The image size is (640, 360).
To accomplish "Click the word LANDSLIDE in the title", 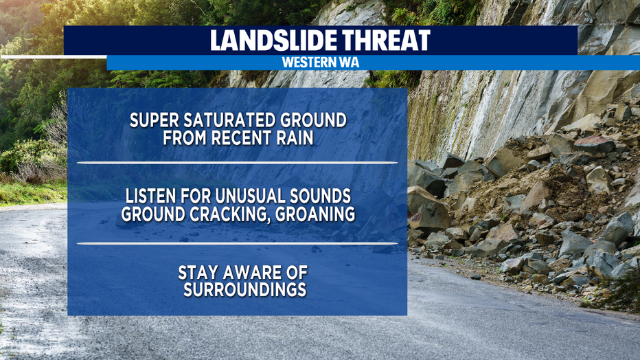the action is (x=273, y=41).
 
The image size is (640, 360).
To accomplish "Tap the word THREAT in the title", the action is (x=386, y=41).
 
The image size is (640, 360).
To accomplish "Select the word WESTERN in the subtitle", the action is (x=307, y=63).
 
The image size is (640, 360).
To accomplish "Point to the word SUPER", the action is (x=154, y=120).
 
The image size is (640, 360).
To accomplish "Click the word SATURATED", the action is (x=223, y=120).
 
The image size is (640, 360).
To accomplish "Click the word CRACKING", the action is (x=229, y=214).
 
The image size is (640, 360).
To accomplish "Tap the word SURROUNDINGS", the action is (x=245, y=290).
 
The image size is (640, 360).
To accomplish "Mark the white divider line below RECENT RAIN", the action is (x=237, y=163).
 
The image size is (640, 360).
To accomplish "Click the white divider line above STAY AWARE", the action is (x=237, y=244).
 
